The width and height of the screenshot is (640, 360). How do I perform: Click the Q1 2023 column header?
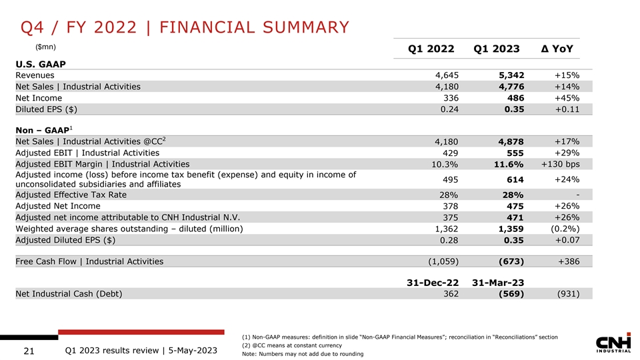coord(496,49)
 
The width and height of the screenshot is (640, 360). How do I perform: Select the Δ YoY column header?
coord(559,49)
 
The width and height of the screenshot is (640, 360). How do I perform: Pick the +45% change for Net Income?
coord(566,98)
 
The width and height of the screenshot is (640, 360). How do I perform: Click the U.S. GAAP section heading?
coord(42,63)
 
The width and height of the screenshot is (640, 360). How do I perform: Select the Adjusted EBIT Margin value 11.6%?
coord(507,164)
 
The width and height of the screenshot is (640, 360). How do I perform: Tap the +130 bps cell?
coord(560,164)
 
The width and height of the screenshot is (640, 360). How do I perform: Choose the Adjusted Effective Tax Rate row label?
coord(71,195)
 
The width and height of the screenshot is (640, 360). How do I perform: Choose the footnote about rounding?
coord(303,353)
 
